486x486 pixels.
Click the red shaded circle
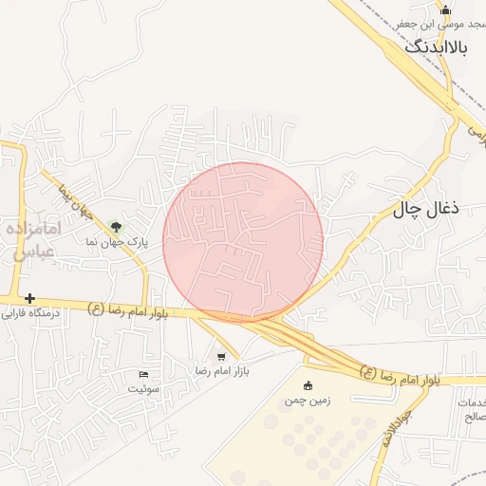coord(243,241)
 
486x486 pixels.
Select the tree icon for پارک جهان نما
coord(116,227)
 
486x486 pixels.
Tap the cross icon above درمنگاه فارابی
coord(30,298)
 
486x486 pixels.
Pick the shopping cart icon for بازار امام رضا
coord(221,357)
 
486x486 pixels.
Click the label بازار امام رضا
coord(221,370)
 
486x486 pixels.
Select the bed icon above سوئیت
coord(144,375)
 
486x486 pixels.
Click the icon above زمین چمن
coord(308,385)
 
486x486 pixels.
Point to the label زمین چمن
coord(308,400)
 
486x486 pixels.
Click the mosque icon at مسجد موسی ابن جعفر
coord(447,9)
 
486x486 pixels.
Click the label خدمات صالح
coord(471,410)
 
